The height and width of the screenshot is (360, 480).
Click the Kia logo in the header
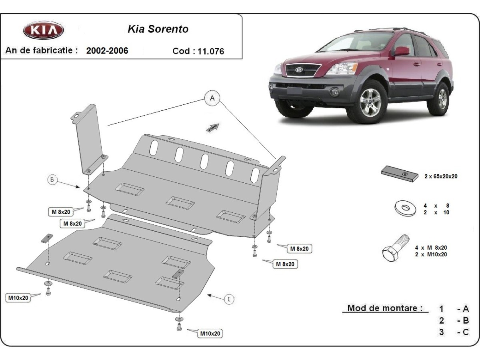[43, 30]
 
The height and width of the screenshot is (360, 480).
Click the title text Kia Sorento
[158, 29]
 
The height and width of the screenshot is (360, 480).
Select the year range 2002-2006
[107, 51]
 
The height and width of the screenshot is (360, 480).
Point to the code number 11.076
[211, 51]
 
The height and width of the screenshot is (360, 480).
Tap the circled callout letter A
[212, 98]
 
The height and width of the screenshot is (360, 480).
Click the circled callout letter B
[52, 180]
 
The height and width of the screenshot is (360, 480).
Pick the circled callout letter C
[229, 299]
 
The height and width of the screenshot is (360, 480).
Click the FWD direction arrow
[213, 127]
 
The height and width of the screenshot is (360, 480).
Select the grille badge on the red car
[299, 70]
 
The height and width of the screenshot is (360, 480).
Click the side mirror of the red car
[402, 51]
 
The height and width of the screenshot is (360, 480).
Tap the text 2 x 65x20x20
[441, 176]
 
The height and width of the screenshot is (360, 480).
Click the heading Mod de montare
[385, 308]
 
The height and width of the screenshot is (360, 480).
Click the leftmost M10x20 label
[18, 298]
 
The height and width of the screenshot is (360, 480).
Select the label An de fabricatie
[41, 50]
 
